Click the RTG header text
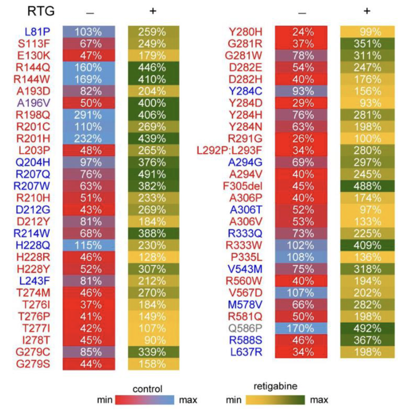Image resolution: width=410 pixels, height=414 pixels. pos(41,11)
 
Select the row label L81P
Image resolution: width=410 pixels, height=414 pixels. pos(37,32)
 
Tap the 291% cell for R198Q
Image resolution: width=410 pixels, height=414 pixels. pos(89,115)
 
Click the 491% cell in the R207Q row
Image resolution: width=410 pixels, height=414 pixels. pos(153,174)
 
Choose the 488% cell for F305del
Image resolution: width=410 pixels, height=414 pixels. pos(367,186)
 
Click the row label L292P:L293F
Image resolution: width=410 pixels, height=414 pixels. pos(229,150)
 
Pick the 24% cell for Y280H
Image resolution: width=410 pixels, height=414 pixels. pos(301,32)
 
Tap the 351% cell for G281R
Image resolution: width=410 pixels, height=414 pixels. pos(367,44)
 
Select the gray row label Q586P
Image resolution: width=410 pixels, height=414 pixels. pos(245,328)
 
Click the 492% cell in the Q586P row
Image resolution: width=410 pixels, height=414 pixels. pos(367,328)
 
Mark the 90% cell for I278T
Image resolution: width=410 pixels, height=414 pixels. pos(153,340)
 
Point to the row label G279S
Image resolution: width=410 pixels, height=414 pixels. pos(33,364)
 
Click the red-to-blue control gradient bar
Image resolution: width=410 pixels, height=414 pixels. pos(145,400)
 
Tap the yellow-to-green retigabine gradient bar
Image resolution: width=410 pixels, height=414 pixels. pos(275,400)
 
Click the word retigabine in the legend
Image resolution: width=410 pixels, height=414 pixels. pos(275,386)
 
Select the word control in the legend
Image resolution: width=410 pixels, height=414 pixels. pos(147,389)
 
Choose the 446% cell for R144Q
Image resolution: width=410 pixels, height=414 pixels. pos(153,68)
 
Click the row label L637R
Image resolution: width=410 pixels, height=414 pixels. pos(246,352)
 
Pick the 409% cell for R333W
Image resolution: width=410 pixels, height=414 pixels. pos(367,245)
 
